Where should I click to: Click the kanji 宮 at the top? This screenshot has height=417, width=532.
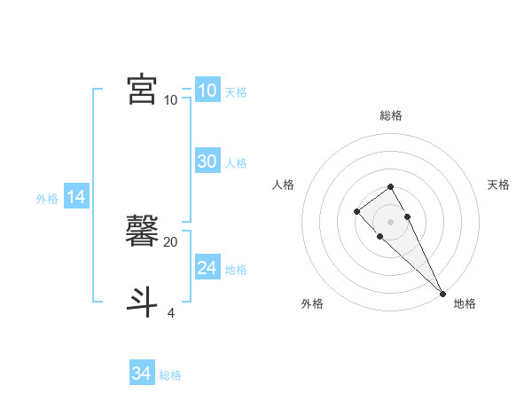pyautogui.click(x=143, y=90)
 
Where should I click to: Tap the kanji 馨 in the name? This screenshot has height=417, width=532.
pyautogui.click(x=143, y=232)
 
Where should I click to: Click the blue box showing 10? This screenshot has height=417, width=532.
pyautogui.click(x=207, y=90)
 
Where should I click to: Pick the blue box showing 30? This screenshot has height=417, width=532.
pyautogui.click(x=207, y=161)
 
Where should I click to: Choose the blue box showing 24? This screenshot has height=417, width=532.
pyautogui.click(x=207, y=268)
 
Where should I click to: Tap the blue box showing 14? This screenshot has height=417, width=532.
pyautogui.click(x=75, y=197)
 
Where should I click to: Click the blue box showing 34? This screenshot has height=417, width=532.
pyautogui.click(x=141, y=374)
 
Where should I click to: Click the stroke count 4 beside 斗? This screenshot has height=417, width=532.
pyautogui.click(x=170, y=313)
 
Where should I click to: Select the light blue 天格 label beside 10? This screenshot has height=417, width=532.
pyautogui.click(x=236, y=92)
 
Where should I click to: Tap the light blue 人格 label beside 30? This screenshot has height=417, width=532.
pyautogui.click(x=236, y=163)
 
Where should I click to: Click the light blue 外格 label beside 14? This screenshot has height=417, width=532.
pyautogui.click(x=47, y=199)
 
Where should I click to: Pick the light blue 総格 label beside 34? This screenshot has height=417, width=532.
pyautogui.click(x=170, y=375)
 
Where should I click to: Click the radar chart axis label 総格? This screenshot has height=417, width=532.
pyautogui.click(x=390, y=115)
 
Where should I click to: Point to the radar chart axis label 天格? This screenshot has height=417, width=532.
pyautogui.click(x=498, y=185)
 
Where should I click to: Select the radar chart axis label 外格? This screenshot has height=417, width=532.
pyautogui.click(x=312, y=303)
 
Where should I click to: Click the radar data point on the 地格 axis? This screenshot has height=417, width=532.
pyautogui.click(x=442, y=294)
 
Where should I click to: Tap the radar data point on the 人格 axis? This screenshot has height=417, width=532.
pyautogui.click(x=356, y=211)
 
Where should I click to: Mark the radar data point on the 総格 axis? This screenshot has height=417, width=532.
pyautogui.click(x=390, y=186)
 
